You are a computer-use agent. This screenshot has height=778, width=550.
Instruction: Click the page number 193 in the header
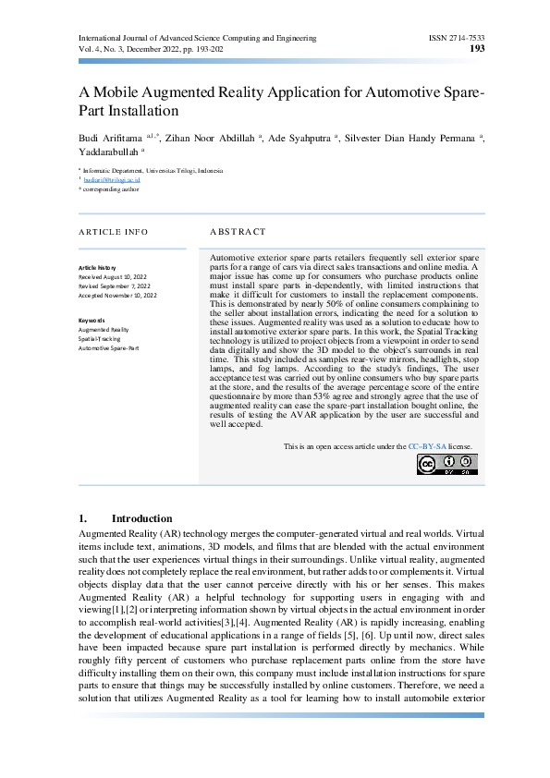(x=478, y=49)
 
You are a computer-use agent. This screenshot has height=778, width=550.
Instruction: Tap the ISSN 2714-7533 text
(x=457, y=38)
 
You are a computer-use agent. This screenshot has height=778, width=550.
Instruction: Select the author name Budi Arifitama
(x=116, y=138)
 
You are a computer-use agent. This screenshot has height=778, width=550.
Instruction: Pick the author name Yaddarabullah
(x=109, y=152)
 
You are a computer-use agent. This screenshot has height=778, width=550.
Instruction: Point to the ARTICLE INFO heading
(x=113, y=231)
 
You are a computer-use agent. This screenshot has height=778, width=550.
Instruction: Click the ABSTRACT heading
(x=238, y=231)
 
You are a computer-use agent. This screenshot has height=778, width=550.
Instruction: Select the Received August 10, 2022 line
(x=117, y=276)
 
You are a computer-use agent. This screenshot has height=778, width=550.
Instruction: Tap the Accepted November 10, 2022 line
(x=118, y=295)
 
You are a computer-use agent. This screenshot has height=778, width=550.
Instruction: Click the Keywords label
(x=93, y=320)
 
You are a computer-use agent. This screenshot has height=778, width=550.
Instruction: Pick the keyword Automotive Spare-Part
(x=109, y=348)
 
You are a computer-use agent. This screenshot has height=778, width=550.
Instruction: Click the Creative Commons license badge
(x=447, y=465)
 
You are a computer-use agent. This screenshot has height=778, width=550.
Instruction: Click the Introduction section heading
(x=141, y=519)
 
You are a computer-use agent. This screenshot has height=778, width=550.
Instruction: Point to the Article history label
(x=98, y=267)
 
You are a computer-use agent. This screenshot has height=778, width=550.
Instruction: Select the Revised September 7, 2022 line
(x=116, y=286)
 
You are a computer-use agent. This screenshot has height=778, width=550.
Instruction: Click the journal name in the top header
(x=198, y=38)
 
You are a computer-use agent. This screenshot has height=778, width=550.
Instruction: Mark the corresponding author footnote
(x=111, y=189)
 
